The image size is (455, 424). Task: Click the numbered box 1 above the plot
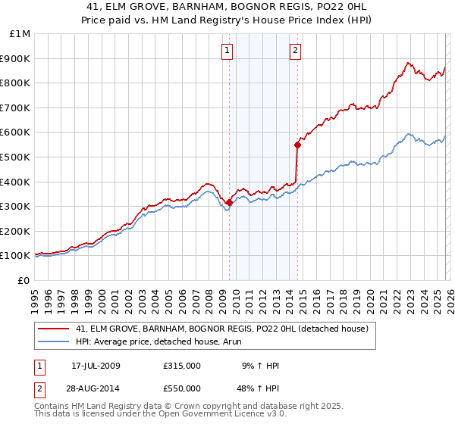[x=227, y=51]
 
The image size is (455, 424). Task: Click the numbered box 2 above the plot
[x=295, y=51]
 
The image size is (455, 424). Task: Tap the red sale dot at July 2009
[x=229, y=202]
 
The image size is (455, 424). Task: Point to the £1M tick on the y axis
[x=20, y=33]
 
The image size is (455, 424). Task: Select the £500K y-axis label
[x=17, y=157]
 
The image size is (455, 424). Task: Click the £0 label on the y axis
[x=24, y=280]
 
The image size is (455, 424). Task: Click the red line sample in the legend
[x=55, y=329]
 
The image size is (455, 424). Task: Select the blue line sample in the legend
[x=55, y=341]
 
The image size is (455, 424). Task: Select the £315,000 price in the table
[x=181, y=366]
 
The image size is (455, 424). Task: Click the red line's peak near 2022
[x=408, y=64]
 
